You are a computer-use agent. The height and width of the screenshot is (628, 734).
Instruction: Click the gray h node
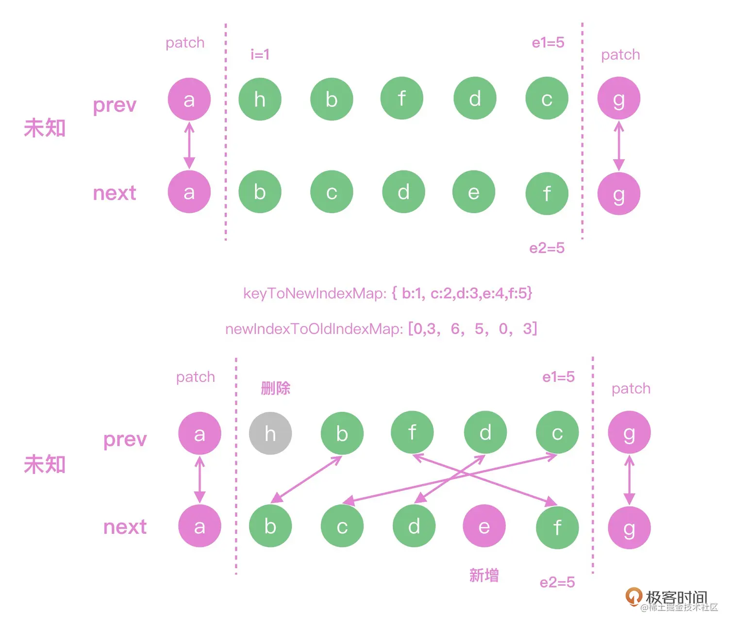point(270,433)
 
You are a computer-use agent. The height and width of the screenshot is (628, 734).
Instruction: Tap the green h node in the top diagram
point(260,99)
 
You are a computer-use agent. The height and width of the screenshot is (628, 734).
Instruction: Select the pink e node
point(484,526)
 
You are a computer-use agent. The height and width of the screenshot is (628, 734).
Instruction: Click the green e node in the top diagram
point(474,192)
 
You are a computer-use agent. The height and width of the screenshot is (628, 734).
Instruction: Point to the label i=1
point(260,54)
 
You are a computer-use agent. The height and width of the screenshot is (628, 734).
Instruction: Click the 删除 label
point(275,388)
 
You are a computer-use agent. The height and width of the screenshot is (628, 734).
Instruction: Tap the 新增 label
point(484,576)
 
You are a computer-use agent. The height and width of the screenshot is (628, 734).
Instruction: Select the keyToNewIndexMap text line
point(387,293)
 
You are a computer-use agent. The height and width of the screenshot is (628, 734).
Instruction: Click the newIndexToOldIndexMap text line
point(381,329)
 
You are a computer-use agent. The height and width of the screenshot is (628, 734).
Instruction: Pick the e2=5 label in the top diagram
point(547,248)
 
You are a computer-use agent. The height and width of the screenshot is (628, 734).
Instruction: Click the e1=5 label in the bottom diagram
point(558,377)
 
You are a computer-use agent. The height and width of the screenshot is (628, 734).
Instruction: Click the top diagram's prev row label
point(115,104)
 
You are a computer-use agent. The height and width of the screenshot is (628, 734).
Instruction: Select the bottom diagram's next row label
point(125,527)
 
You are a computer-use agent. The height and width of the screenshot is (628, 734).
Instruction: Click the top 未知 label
point(45,128)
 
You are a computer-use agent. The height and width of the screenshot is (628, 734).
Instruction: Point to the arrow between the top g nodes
point(619,146)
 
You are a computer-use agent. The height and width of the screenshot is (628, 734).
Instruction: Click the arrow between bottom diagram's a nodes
point(200,480)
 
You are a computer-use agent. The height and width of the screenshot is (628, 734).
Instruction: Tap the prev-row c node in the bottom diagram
point(557,433)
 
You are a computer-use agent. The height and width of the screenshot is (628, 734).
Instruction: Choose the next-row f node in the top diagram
point(547,193)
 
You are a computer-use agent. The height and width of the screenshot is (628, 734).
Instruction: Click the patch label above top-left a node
point(185,43)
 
